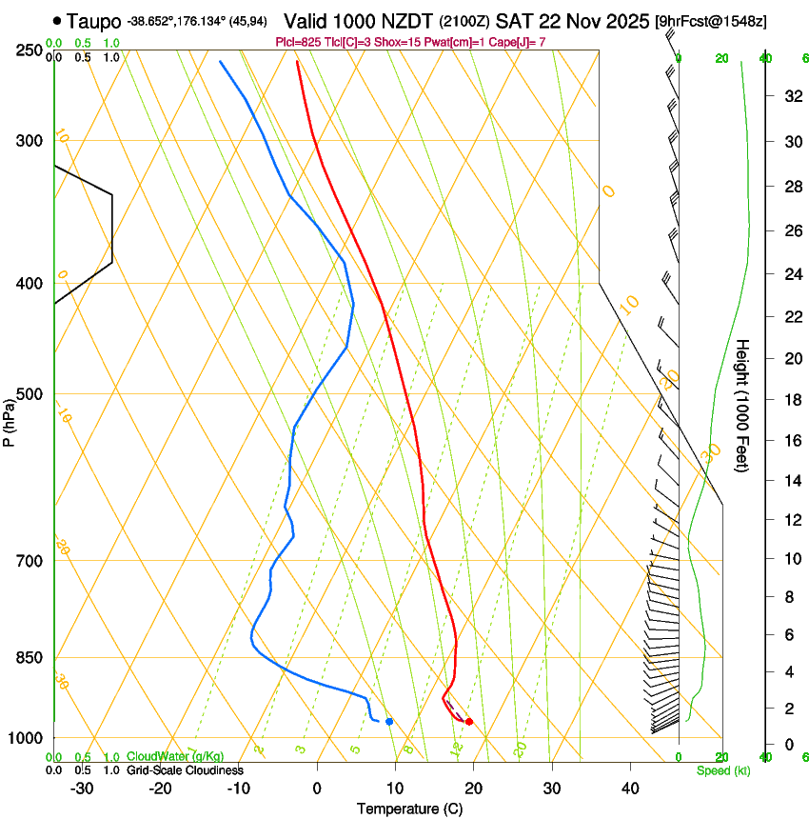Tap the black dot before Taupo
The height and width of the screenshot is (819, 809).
[x=59, y=19]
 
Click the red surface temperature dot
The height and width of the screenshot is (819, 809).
[x=469, y=722]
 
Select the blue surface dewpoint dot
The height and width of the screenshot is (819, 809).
[x=389, y=722]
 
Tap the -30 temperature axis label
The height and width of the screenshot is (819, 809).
[x=82, y=788]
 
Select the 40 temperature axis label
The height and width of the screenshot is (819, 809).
[x=629, y=788]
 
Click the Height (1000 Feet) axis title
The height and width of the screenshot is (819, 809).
[x=743, y=405]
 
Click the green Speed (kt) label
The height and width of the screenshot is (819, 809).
[x=722, y=770]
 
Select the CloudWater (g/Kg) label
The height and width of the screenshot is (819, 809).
[x=175, y=757]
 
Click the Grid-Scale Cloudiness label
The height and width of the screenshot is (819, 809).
[x=185, y=770]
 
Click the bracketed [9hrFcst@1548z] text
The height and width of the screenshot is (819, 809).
[x=712, y=20]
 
